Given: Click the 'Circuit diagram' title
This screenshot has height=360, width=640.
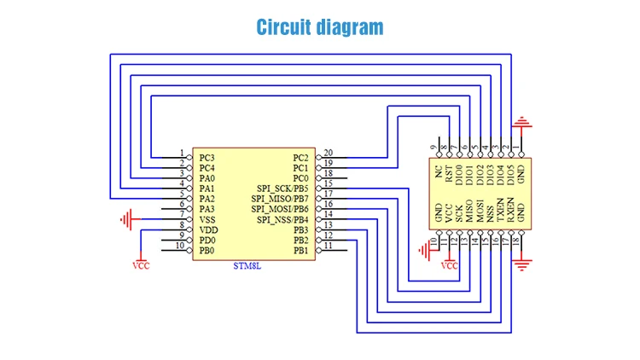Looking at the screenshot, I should click(x=320, y=27).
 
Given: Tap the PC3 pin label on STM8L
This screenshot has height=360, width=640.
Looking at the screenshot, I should click(x=207, y=158).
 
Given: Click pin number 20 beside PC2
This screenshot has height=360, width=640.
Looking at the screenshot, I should click(x=328, y=154).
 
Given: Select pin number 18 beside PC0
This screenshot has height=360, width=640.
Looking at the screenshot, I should click(x=328, y=174).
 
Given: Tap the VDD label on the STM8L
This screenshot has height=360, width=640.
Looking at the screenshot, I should click(x=208, y=230).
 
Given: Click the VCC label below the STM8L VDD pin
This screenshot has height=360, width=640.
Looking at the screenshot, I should click(x=141, y=264).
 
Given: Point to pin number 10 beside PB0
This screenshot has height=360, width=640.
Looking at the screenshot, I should click(x=179, y=247).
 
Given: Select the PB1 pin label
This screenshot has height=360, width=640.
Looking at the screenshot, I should click(x=300, y=251).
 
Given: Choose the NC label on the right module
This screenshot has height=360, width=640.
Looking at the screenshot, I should click(x=439, y=174).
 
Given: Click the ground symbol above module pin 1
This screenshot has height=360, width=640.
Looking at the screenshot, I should click(x=522, y=123).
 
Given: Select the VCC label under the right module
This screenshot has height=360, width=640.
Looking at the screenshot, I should click(x=449, y=265).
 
